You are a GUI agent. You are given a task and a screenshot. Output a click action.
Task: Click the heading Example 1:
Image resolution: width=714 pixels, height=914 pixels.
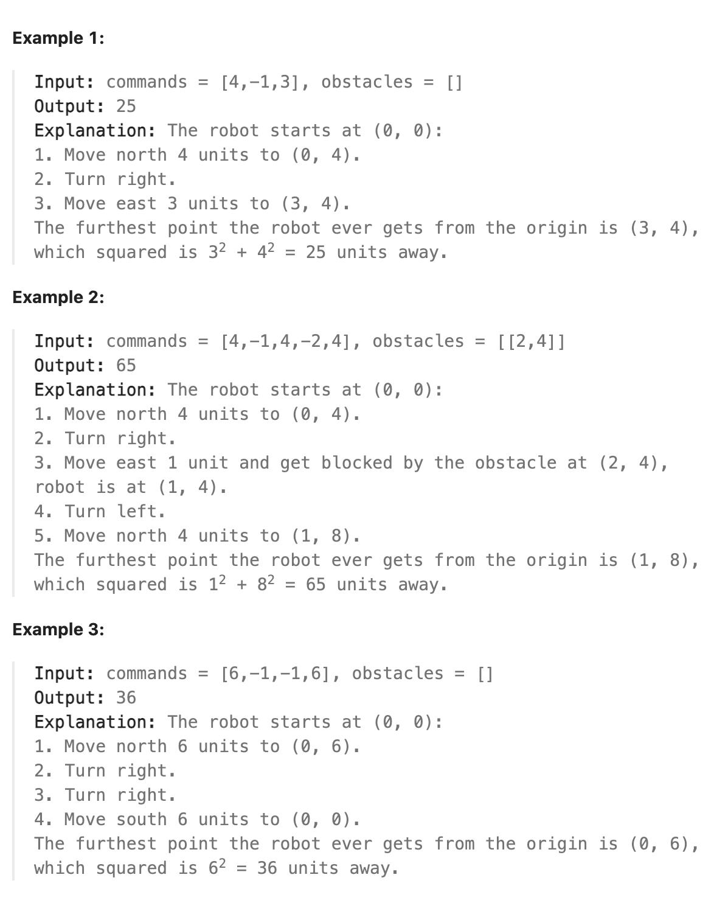(58, 38)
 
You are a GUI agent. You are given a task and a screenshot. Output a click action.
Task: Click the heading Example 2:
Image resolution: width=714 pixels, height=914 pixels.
(58, 298)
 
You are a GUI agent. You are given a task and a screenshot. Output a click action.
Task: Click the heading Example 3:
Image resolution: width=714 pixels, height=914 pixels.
(58, 630)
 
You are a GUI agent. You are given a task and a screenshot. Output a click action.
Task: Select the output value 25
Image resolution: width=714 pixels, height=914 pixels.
(126, 106)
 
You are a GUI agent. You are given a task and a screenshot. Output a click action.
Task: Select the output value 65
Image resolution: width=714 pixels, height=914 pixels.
(126, 366)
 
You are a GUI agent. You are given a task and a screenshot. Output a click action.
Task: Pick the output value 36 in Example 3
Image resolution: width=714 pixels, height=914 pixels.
(126, 698)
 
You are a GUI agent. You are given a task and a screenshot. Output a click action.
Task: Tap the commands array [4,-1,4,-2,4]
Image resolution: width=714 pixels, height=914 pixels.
(285, 341)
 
